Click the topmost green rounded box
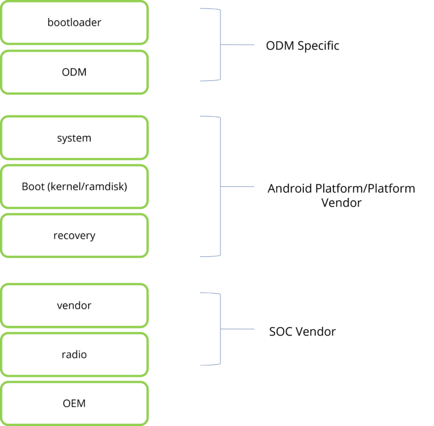[x=75, y=23]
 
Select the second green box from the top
[x=75, y=72]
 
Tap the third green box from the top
[x=75, y=137]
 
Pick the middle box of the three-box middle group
[x=75, y=186]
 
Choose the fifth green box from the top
[x=75, y=235]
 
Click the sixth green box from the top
[x=75, y=305]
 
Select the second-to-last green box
[x=75, y=354]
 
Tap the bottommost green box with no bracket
[x=75, y=403]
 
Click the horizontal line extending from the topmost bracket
[x=238, y=45]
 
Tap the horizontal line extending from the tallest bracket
[x=238, y=187]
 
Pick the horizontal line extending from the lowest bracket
[x=238, y=329]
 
